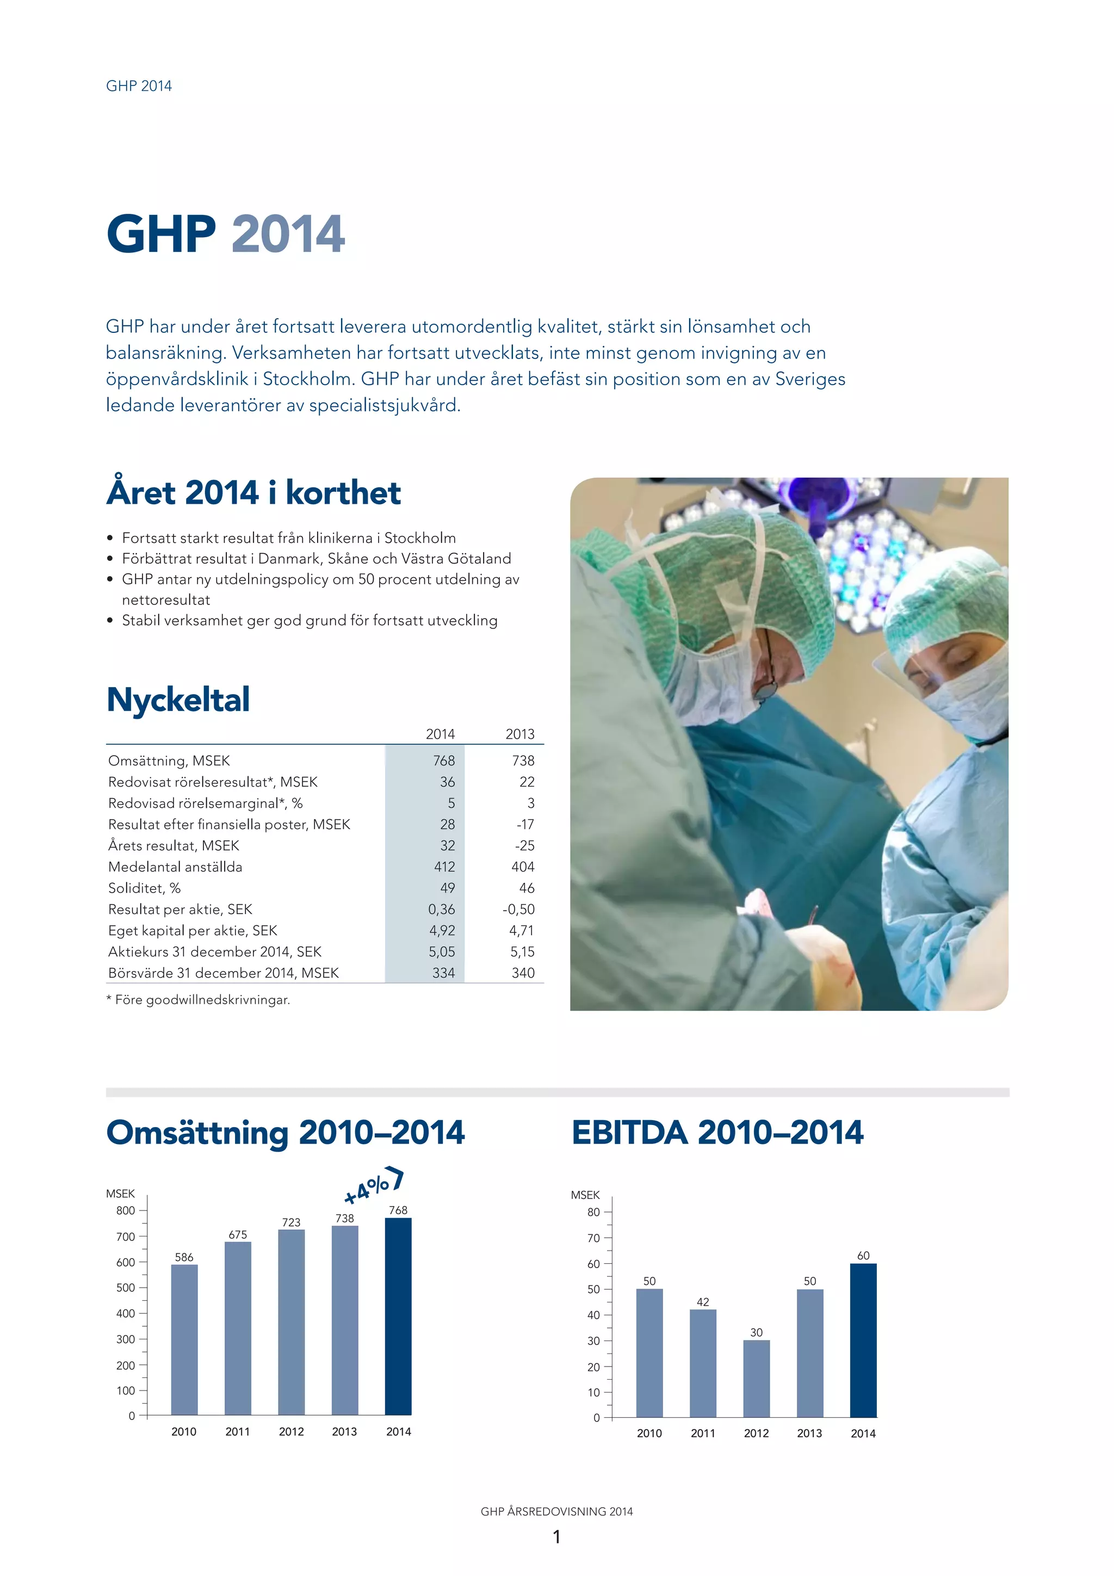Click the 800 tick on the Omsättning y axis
pos(126,1211)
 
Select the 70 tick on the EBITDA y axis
pos(595,1238)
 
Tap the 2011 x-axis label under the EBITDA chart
pos(703,1433)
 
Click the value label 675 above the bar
pos(238,1235)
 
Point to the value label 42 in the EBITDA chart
pos(703,1302)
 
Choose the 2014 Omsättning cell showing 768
pos(443,761)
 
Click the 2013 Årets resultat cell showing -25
pos(524,845)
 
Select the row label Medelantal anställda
pos(175,867)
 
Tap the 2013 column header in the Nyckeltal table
pos(519,734)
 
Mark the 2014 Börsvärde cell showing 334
pos(443,973)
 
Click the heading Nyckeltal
pos(178,700)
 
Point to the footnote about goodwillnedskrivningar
pos(199,1000)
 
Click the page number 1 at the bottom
pos(556,1537)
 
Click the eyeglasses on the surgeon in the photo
pos(766,679)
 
